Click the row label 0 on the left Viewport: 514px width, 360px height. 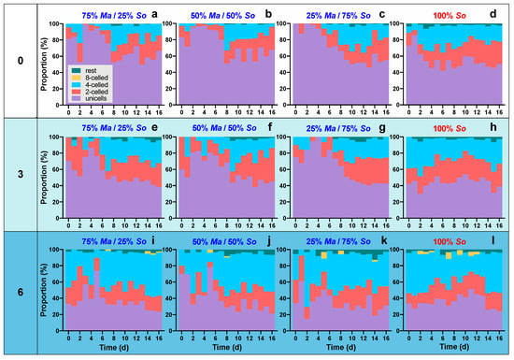point(19,62)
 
